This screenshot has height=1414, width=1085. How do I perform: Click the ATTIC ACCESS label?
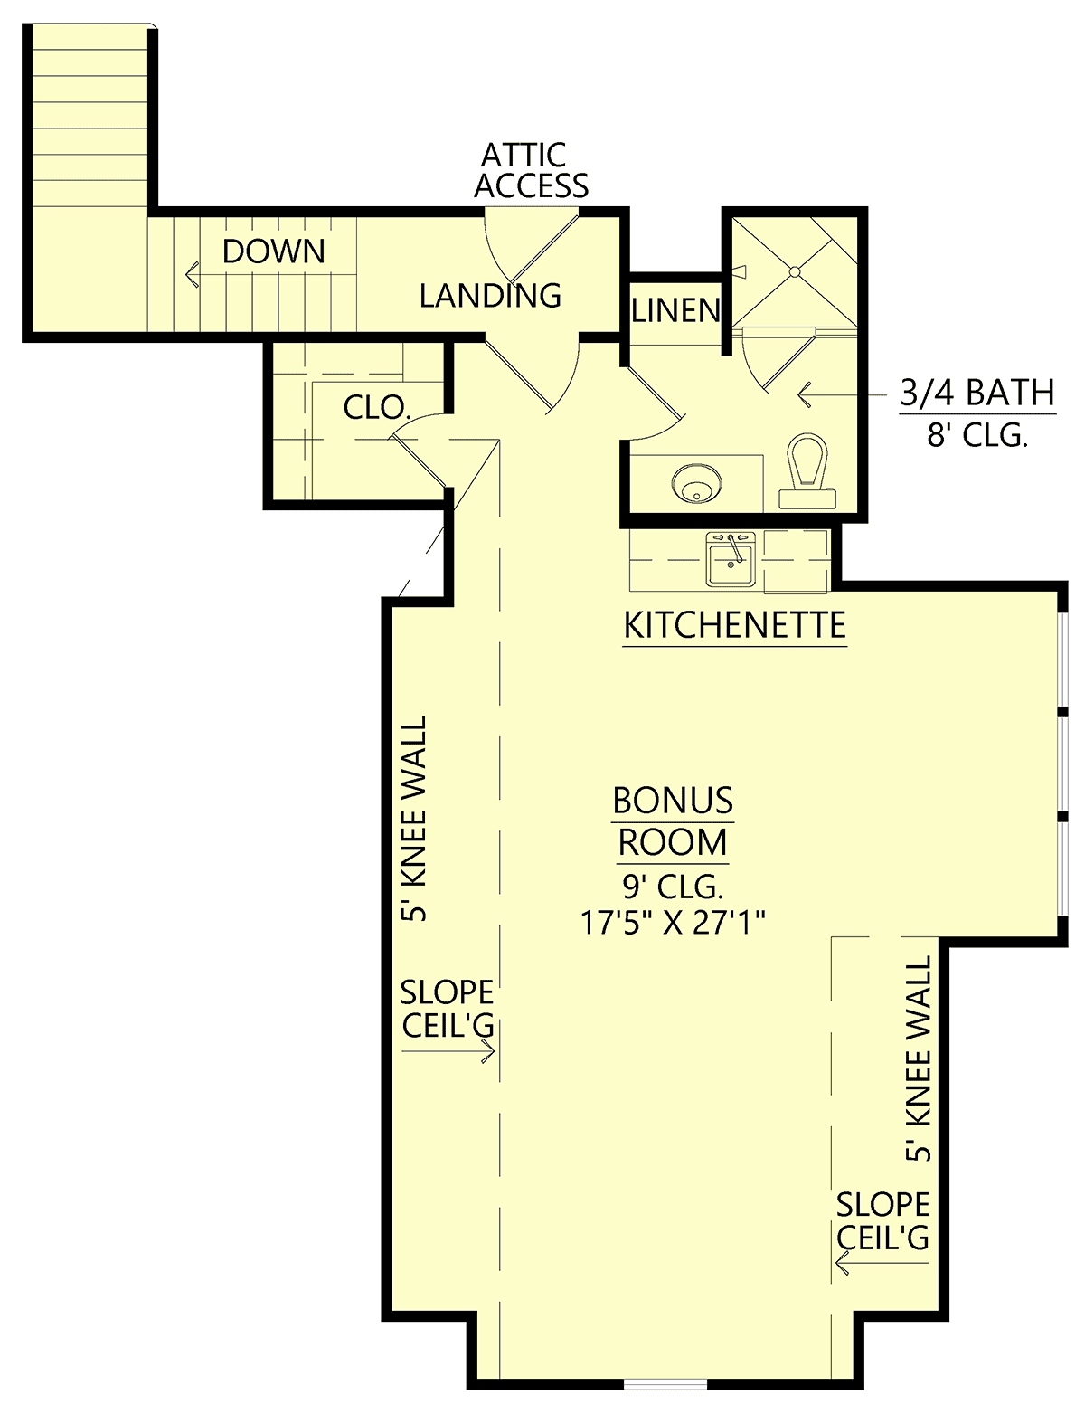point(531,170)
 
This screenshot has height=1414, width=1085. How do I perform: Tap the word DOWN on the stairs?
point(274,251)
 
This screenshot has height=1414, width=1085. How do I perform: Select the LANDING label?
point(490,296)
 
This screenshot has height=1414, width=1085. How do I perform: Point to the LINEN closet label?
point(676,310)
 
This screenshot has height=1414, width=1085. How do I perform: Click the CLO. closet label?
point(377,408)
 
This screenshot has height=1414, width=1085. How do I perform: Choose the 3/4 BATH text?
point(977,393)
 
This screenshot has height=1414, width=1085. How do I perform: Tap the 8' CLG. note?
point(977,435)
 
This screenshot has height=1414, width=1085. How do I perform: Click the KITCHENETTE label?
point(734,625)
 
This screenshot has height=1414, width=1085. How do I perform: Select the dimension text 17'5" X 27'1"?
point(673,922)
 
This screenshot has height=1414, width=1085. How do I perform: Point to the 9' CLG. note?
point(673,887)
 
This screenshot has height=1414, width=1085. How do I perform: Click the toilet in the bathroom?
point(807,471)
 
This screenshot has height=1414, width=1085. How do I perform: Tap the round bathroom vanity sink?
point(695,484)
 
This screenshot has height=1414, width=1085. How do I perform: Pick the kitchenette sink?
point(731,560)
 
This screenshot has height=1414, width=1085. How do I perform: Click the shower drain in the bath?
point(795,272)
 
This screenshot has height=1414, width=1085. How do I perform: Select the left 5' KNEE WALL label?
point(413,819)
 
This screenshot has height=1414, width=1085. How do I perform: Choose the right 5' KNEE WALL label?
point(919,1058)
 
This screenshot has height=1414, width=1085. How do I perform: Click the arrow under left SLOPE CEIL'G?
point(448,1051)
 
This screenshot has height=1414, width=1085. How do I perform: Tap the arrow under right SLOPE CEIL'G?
point(882,1263)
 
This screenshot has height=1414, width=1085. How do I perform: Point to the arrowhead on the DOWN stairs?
point(192,274)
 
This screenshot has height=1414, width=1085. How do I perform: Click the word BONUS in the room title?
point(673,801)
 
